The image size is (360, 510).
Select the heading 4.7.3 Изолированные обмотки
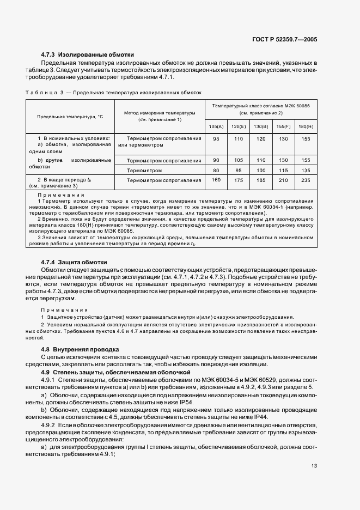87,54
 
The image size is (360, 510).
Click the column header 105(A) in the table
216,126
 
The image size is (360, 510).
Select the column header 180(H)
306,126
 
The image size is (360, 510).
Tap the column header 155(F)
283,126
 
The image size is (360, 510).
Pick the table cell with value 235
306,180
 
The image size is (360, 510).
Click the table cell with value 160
216,180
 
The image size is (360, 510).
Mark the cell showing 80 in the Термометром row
216,170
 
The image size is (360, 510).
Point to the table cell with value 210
283,180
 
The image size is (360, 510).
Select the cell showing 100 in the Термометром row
261,170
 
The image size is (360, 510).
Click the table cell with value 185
261,180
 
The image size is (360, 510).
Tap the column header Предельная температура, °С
70,117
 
